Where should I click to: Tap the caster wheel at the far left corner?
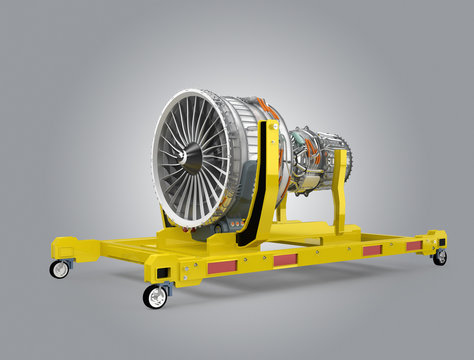[61, 269]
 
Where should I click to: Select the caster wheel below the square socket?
[155, 296]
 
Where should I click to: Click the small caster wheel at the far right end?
[440, 257]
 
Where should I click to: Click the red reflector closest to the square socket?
[221, 266]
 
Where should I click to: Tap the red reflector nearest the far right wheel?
[414, 245]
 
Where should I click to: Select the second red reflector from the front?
[285, 259]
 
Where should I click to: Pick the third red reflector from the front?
[372, 250]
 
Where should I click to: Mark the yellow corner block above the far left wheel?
[64, 248]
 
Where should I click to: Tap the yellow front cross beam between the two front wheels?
[110, 255]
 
